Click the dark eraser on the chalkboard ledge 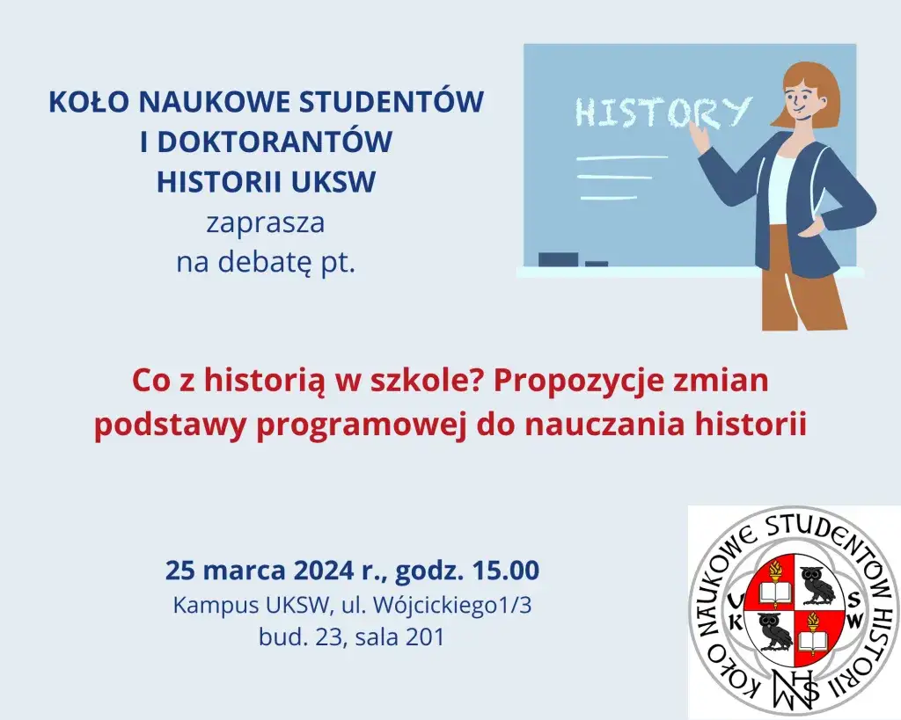click(558, 258)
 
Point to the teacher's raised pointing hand click(700, 135)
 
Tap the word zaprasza click(266, 222)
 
